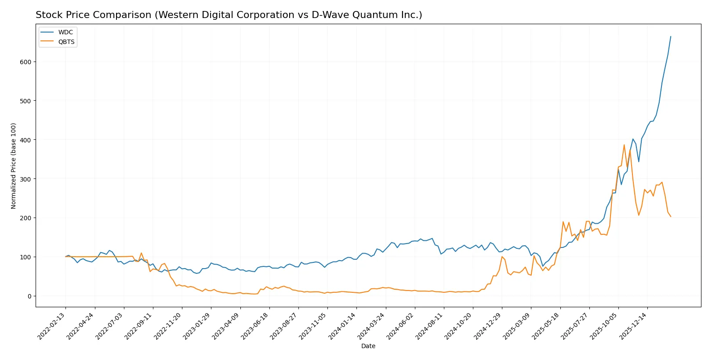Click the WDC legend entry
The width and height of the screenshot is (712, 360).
tap(65, 32)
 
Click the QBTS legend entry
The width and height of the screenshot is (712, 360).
tap(66, 42)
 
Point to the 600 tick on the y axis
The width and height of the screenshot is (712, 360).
tap(25, 62)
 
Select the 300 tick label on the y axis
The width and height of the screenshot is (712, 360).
tap(25, 179)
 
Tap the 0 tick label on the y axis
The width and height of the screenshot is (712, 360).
tap(29, 296)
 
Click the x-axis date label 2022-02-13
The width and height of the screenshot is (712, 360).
tap(52, 326)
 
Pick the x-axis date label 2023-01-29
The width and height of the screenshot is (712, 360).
tap(198, 326)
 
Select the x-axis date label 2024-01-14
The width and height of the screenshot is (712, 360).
tap(343, 326)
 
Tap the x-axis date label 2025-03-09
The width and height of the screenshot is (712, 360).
tap(518, 326)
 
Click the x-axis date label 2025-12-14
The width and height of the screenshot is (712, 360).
tap(634, 326)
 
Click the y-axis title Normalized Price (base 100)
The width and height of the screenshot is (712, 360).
tap(14, 166)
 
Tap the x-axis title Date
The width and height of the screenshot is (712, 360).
tap(368, 346)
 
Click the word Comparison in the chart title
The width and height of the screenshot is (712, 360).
tap(123, 15)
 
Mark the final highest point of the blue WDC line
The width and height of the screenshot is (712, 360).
tap(671, 36)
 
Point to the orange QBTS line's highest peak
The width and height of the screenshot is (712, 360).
tap(624, 145)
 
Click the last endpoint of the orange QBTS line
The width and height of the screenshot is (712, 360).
tap(671, 217)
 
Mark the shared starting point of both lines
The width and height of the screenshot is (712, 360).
tap(65, 257)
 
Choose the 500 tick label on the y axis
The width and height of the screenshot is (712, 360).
tap(25, 101)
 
